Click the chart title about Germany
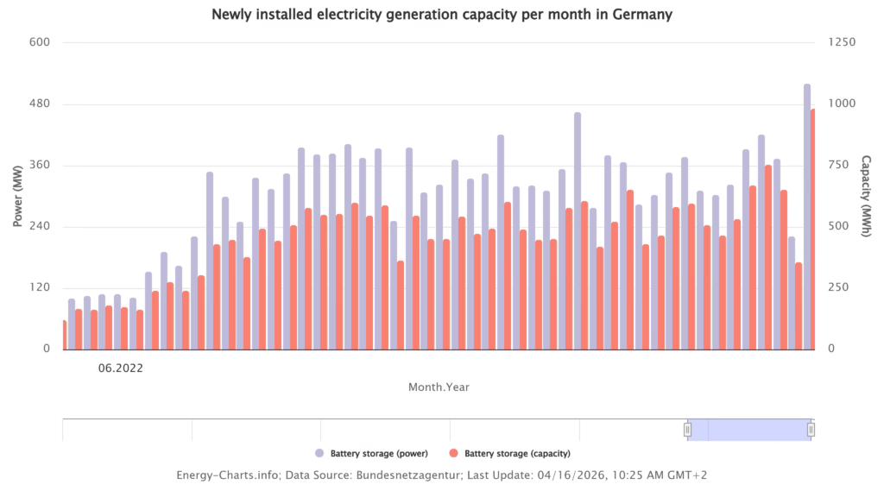point(441,15)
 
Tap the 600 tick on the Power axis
point(40,43)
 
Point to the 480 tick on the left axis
point(40,104)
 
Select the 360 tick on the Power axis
point(40,166)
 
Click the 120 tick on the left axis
point(40,288)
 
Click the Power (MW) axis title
point(17,197)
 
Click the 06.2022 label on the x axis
point(120,368)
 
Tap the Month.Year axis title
point(439,387)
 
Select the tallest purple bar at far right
point(807,216)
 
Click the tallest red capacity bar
point(813,229)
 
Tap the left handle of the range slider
point(688,430)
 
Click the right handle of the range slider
point(811,430)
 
